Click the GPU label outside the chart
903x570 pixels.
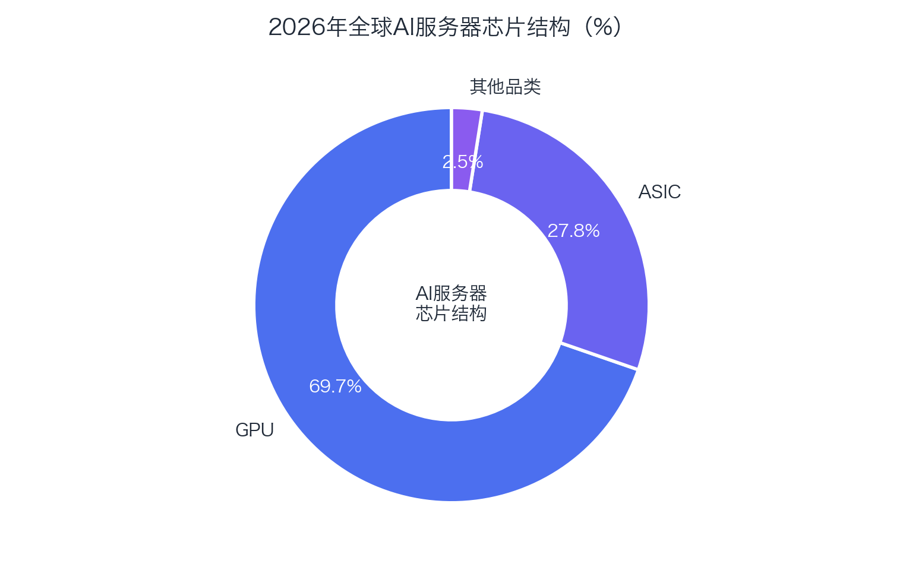coord(254,430)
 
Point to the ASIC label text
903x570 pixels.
coord(659,192)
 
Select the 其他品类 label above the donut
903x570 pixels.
coord(505,87)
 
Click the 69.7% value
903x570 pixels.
coord(335,387)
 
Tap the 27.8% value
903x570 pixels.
coord(573,231)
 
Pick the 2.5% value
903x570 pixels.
coord(462,162)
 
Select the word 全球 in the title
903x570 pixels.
coord(370,27)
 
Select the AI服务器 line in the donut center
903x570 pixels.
coord(451,293)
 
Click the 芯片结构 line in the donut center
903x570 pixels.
coord(451,313)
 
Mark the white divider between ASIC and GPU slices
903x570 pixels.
coord(599,356)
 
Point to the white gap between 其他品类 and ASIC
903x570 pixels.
coord(476,151)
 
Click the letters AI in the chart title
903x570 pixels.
coord(403,27)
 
